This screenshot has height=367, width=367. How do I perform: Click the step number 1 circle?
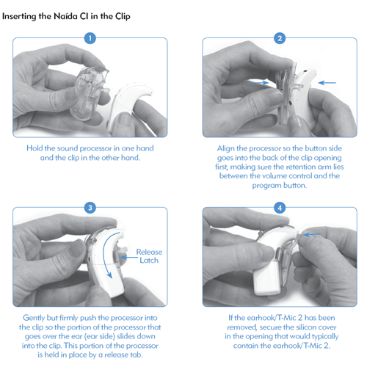click(x=90, y=38)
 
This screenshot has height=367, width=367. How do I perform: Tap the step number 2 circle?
click(x=280, y=38)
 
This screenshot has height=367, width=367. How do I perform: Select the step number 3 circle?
click(x=90, y=208)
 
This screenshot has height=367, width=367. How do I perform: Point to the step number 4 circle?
click(x=280, y=208)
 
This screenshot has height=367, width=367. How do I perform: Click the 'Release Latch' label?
click(x=149, y=256)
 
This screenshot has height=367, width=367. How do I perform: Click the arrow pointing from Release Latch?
click(x=128, y=257)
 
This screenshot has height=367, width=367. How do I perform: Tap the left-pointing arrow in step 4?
click(x=311, y=235)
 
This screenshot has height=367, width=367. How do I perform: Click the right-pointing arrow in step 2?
click(x=260, y=83)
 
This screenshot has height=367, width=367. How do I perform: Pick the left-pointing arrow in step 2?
click(x=327, y=83)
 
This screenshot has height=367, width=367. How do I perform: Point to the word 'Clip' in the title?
click(x=123, y=17)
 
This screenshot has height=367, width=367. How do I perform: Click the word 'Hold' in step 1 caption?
click(x=34, y=148)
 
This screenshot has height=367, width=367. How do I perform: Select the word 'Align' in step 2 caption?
click(x=225, y=148)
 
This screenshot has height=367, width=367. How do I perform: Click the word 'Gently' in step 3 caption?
click(x=34, y=318)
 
